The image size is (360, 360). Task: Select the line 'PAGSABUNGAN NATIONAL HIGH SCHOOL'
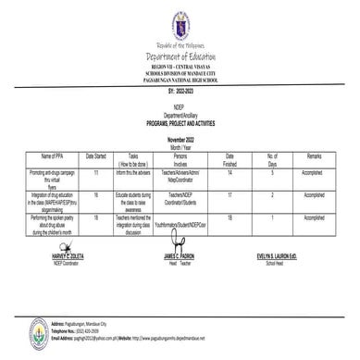click(179, 81)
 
